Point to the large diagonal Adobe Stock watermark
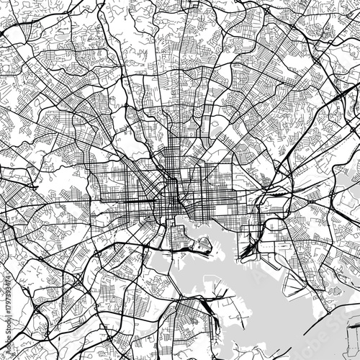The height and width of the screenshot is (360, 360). coord(180,180)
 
